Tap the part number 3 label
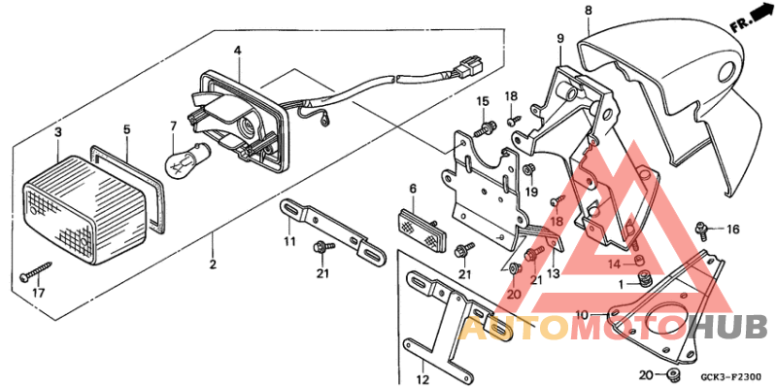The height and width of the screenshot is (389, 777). pyautogui.click(x=58, y=132)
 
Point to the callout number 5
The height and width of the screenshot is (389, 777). pyautogui.click(x=125, y=128)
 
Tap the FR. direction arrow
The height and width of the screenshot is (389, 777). pyautogui.click(x=746, y=21)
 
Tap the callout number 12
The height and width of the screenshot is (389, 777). pyautogui.click(x=423, y=378)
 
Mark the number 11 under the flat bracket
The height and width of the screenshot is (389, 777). pyautogui.click(x=288, y=240)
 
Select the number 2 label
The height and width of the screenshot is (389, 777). pyautogui.click(x=213, y=265)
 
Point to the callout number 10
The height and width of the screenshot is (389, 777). pyautogui.click(x=582, y=315)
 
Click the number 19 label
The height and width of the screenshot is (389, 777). pyautogui.click(x=531, y=191)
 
